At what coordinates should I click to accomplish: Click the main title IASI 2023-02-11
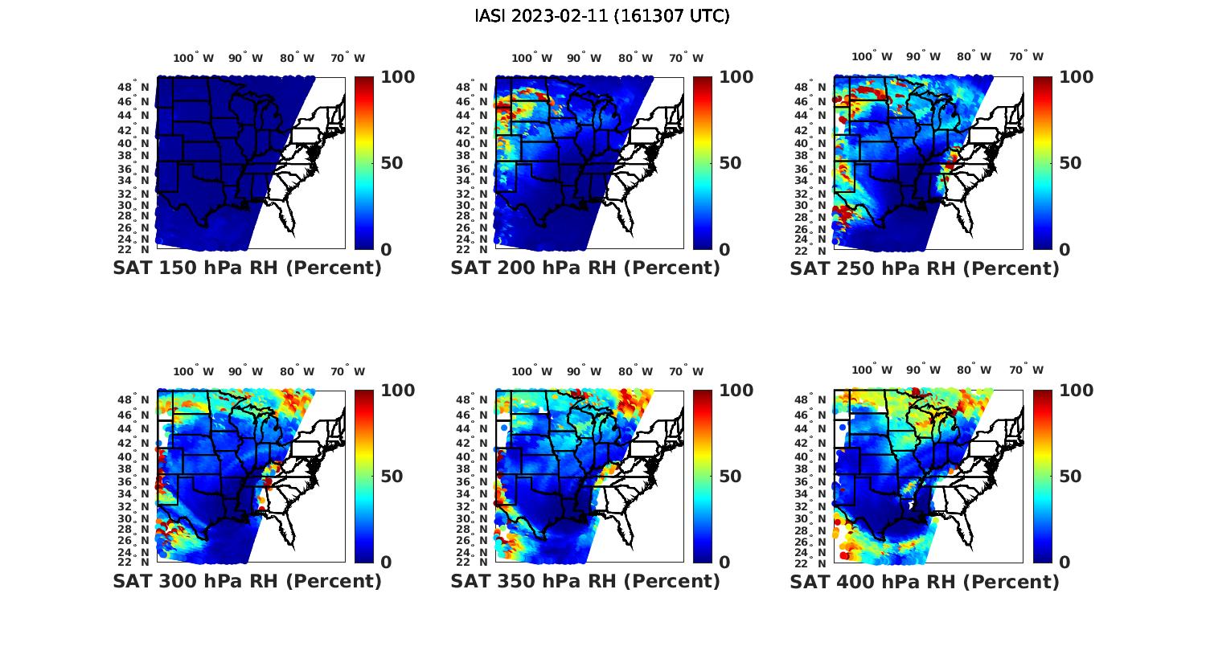(602, 16)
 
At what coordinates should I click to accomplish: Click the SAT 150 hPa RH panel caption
(247, 268)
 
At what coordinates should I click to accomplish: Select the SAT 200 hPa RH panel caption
(585, 268)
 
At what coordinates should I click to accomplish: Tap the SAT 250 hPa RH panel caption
(925, 268)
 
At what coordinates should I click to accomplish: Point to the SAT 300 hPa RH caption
(247, 581)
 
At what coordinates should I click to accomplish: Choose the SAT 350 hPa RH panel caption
(585, 581)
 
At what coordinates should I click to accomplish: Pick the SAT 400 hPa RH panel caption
(925, 581)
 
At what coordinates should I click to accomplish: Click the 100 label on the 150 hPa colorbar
(398, 77)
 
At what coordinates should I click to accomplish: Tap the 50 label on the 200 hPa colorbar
(730, 163)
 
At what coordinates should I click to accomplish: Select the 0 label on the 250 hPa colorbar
(1064, 250)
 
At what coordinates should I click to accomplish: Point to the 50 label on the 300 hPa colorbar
(392, 477)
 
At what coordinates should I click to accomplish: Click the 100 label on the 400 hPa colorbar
(1077, 391)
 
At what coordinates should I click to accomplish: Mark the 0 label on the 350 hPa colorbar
(725, 563)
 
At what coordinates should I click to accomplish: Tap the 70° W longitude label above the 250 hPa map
(1027, 57)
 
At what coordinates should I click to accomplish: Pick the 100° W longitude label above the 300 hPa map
(194, 371)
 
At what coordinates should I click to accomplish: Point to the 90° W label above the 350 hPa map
(584, 371)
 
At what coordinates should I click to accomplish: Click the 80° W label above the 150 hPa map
(297, 58)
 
